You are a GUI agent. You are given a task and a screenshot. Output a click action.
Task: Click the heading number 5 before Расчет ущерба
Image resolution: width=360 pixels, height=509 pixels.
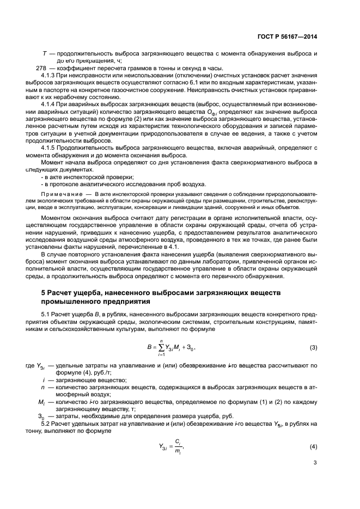(44, 293)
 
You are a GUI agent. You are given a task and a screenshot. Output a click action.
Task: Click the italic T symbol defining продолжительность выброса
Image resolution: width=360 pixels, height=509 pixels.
(44, 54)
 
